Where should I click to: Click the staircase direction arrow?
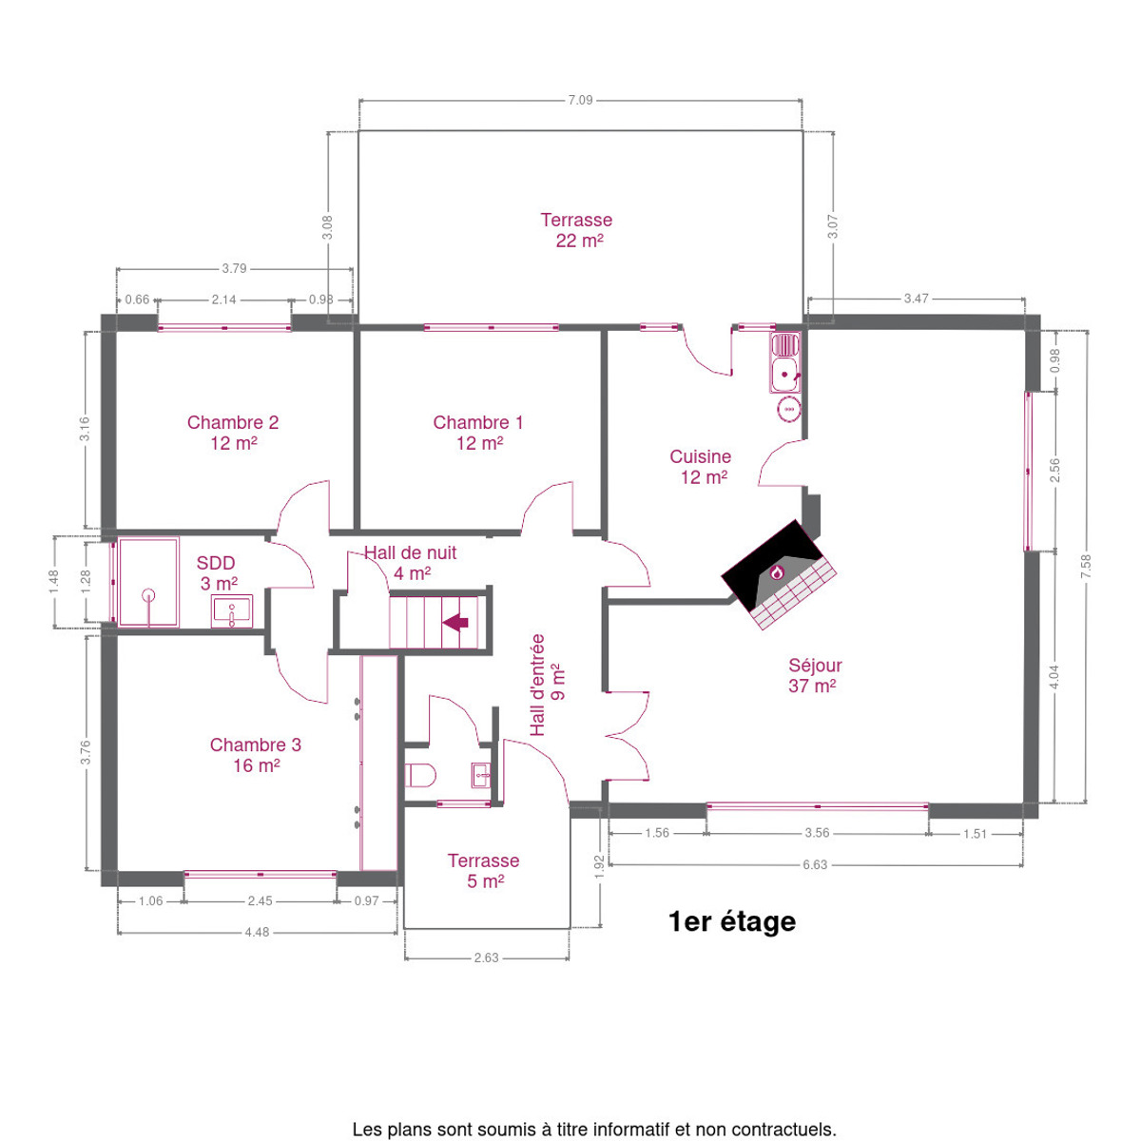point(455,622)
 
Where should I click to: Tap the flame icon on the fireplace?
point(776,572)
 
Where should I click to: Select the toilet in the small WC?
point(420,775)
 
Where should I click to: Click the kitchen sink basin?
point(784,375)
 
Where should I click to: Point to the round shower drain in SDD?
point(148,594)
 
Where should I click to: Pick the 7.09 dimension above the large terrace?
point(580,100)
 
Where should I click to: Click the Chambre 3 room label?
point(255,745)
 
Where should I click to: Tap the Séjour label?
point(815,665)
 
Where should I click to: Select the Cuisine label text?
point(700,456)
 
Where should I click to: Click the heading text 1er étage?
point(732,921)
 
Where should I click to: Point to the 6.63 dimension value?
point(815,864)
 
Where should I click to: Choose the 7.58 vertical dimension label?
point(1085,567)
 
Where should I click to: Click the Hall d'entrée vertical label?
point(536,685)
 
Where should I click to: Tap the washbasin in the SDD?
point(231,611)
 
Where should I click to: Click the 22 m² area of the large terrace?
point(579,241)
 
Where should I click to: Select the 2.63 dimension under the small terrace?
point(486,957)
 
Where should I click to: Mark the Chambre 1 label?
point(478,422)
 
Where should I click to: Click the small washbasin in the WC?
point(481,775)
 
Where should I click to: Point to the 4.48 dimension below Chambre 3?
point(257,932)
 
